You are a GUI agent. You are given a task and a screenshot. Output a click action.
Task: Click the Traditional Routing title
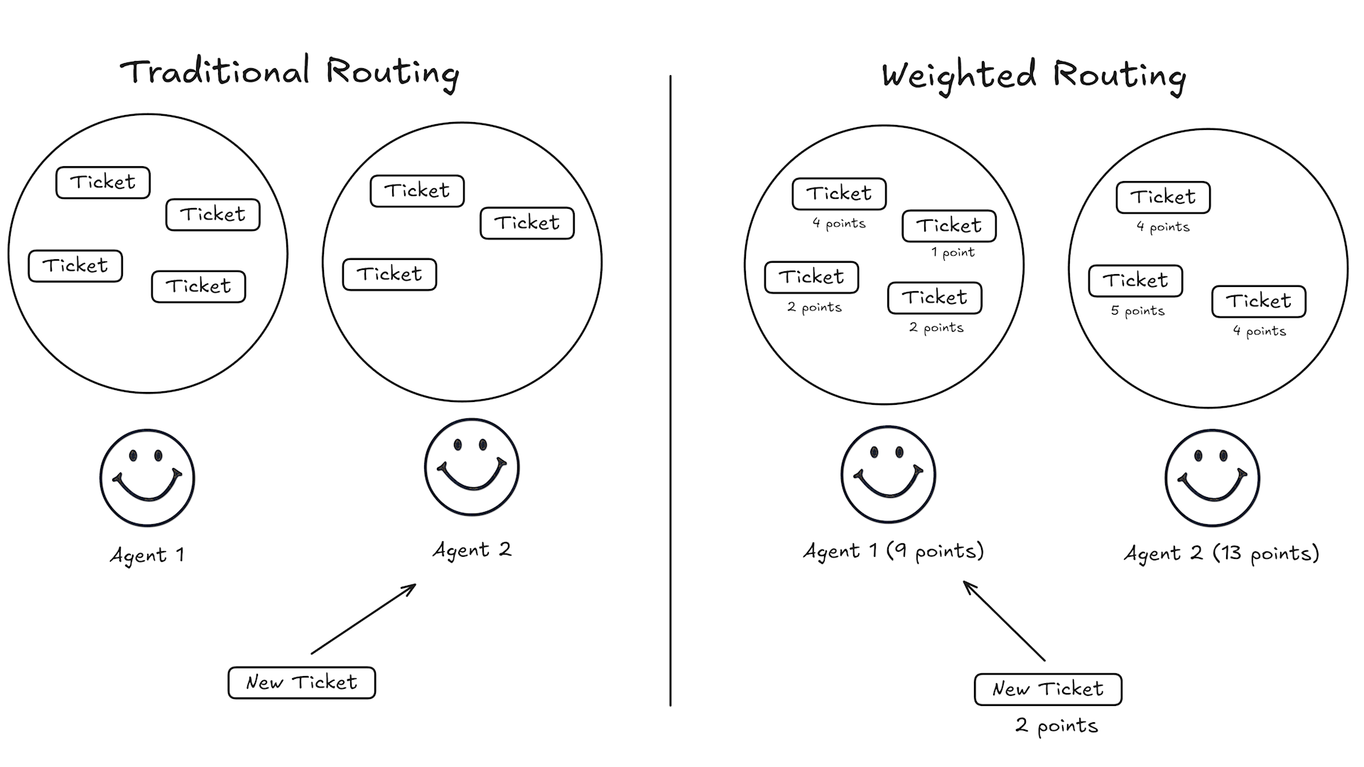[289, 72]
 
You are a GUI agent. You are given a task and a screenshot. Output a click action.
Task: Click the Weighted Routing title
[1034, 75]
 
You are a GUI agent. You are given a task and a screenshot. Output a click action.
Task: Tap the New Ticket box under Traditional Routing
[302, 682]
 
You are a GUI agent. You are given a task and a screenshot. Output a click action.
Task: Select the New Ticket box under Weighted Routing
[1048, 689]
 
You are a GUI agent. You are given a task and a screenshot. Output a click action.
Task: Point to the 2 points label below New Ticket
[1056, 726]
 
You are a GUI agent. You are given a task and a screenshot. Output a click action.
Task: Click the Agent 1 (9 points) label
[893, 551]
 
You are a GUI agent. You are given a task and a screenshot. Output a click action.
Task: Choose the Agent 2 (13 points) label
[1221, 553]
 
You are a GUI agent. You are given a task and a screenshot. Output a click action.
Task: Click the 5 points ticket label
[1137, 311]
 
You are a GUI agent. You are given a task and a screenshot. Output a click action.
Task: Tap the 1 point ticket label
[953, 253]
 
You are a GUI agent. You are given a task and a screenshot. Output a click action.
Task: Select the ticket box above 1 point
[949, 226]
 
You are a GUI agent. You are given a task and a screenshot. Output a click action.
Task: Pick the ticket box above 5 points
[1135, 281]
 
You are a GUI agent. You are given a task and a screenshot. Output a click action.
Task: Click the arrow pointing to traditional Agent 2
[364, 619]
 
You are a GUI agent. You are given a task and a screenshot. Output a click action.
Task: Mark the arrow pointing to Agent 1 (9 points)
[1004, 621]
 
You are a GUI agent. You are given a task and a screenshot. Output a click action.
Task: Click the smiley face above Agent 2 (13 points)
[1212, 478]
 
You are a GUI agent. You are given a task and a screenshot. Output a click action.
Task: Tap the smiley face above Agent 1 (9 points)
[888, 474]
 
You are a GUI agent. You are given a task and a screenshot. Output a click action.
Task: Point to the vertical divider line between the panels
[670, 391]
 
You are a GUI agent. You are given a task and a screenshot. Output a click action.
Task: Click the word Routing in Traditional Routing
[392, 72]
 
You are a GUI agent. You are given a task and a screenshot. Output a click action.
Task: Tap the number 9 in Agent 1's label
[900, 550]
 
